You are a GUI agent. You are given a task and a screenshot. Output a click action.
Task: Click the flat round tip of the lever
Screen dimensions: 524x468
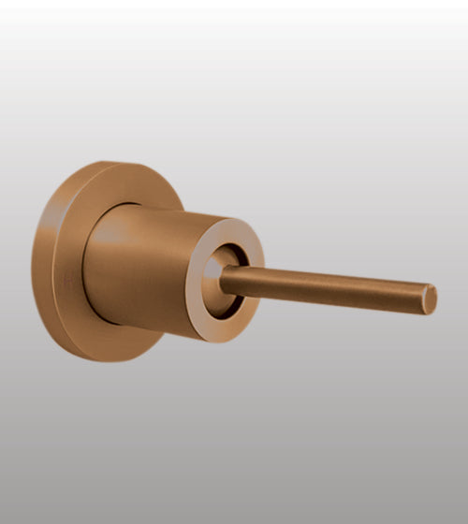tap(429, 299)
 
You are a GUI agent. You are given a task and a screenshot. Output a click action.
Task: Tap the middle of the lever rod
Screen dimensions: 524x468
tap(328, 286)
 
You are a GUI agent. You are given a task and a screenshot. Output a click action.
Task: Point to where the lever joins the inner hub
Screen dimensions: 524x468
tap(227, 277)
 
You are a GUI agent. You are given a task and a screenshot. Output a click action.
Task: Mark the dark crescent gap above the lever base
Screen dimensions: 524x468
tap(234, 255)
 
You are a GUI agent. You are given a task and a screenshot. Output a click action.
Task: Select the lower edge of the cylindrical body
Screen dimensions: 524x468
tap(150, 326)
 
